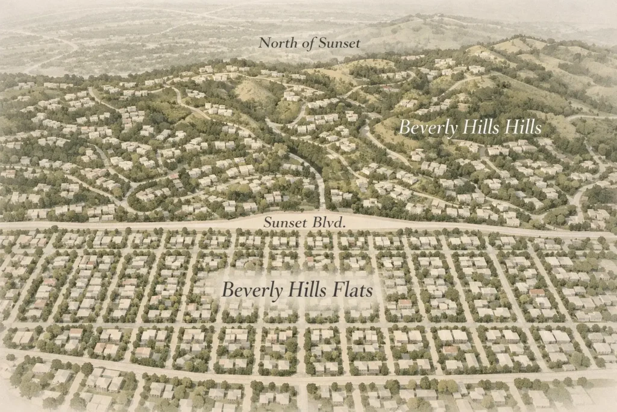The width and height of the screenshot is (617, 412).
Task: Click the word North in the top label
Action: (275, 43)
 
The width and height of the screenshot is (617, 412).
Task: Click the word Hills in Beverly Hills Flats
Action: (309, 290)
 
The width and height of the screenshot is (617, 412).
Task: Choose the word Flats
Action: (352, 290)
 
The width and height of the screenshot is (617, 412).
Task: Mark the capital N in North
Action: (263, 43)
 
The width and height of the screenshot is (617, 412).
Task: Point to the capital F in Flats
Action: (337, 290)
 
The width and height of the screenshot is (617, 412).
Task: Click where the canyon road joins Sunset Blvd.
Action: (323, 211)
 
